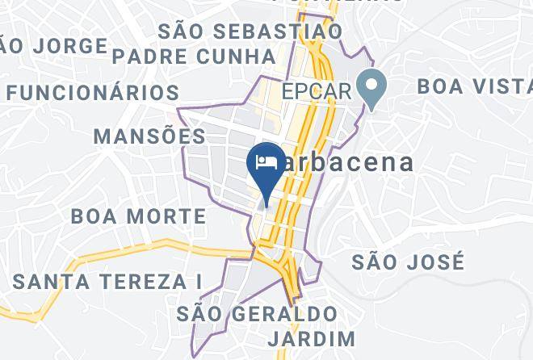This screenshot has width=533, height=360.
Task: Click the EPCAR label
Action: [317, 90]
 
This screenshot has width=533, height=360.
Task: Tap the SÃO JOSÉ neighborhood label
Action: [409, 262]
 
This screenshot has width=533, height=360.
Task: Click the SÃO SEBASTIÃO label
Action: [250, 31]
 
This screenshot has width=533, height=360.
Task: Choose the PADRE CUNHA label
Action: [194, 57]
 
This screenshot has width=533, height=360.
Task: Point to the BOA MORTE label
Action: [138, 216]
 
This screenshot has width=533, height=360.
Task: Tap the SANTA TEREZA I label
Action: [107, 282]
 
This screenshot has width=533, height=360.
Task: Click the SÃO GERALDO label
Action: [256, 313]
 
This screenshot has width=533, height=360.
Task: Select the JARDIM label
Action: [313, 337]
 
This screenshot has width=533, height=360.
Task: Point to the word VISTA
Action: [501, 85]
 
